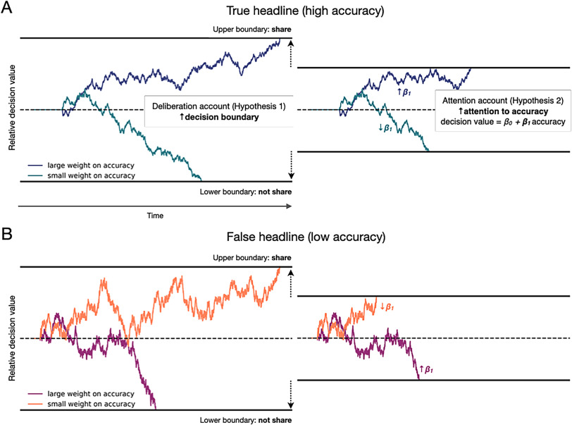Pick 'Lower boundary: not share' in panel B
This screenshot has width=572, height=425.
(x=245, y=419)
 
